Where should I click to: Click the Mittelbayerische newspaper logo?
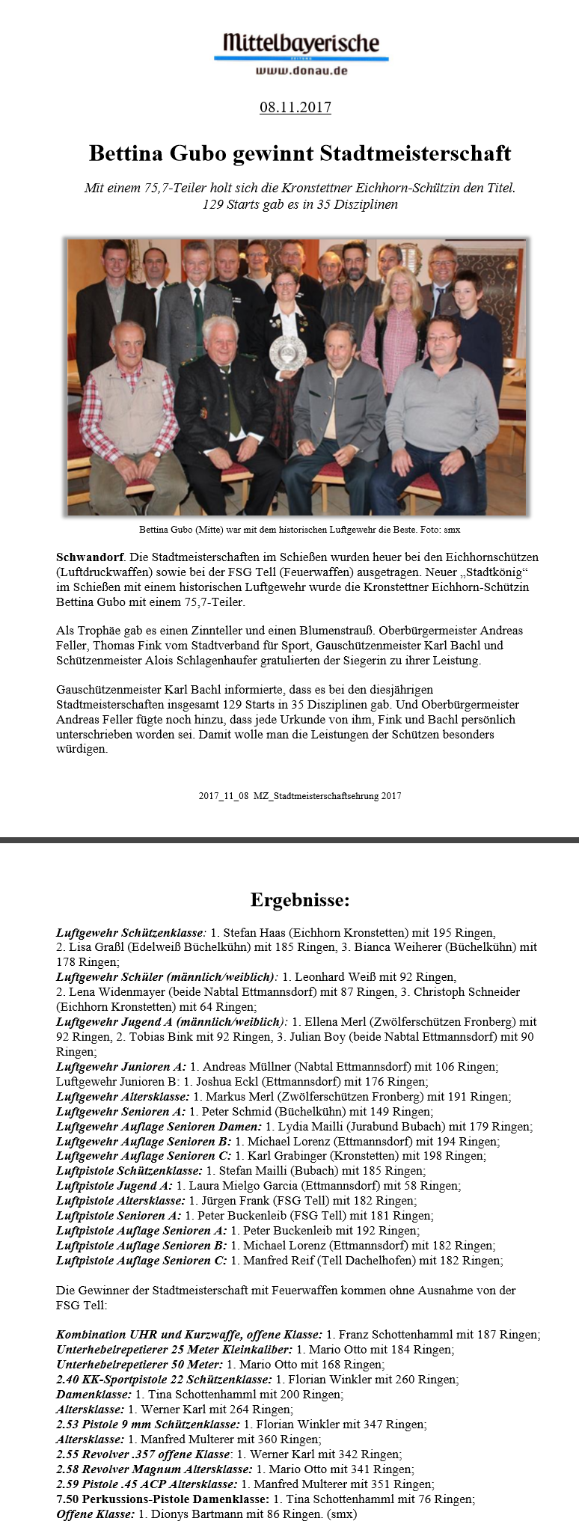(301, 43)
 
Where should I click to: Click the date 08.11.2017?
(295, 107)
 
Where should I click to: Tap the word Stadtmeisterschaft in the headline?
(415, 153)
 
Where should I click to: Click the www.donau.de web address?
(301, 70)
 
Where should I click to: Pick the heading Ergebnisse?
(299, 899)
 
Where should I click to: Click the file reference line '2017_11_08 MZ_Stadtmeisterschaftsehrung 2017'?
(299, 796)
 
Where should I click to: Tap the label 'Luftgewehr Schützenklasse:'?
(131, 933)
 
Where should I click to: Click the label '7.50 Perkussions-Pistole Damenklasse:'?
(162, 1499)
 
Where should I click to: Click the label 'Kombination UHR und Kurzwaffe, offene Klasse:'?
(189, 1335)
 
